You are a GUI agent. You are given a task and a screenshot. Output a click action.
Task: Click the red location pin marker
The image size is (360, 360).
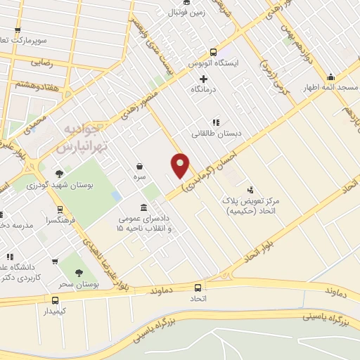coord(181,166)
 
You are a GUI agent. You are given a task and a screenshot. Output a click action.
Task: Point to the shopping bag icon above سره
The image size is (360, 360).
coord(141,167)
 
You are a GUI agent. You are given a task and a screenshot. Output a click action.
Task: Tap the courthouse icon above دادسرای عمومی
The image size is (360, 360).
coord(144,207)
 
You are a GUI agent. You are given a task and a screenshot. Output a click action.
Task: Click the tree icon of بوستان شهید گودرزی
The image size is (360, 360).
coord(59,174)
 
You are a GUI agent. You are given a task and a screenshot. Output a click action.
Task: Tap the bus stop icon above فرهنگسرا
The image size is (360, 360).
coord(59,210)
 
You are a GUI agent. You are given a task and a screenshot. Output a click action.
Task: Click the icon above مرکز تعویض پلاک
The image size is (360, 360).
coord(250,189)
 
